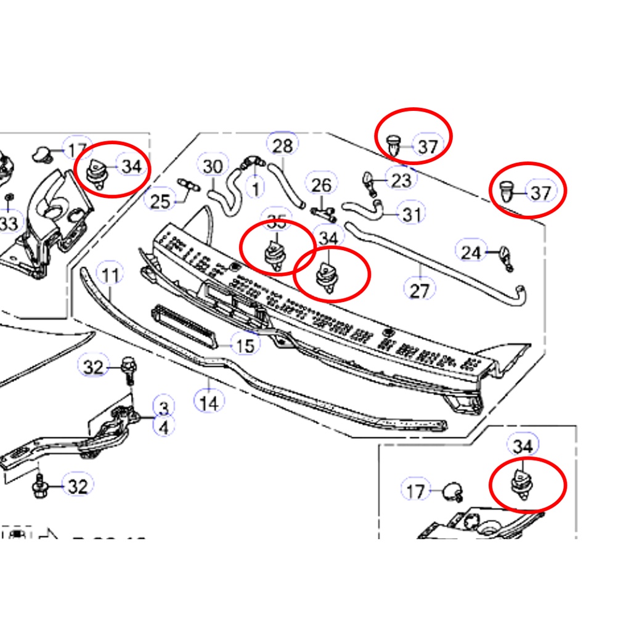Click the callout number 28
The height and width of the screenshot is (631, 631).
282,146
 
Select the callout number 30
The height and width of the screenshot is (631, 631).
213,166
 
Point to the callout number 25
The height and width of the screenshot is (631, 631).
160,201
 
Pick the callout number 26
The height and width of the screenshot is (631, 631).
322,185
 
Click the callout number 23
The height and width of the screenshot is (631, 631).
401,180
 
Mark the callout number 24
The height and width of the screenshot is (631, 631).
471,252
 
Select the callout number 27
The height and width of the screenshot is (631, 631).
419,289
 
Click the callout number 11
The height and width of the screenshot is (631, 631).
110,275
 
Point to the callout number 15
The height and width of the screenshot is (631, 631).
245,346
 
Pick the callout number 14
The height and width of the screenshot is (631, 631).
210,404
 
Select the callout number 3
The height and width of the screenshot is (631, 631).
164,407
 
